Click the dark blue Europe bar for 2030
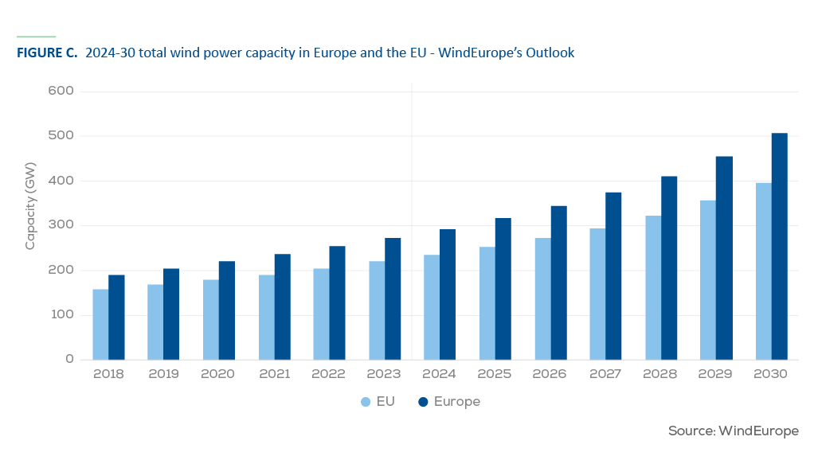780,246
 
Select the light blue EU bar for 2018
100,325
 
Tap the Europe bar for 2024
448,294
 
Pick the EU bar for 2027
598,294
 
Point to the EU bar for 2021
267,317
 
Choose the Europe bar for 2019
171,314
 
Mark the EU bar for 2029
708,280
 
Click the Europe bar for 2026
558,283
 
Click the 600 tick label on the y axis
61,91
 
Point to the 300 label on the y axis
62,224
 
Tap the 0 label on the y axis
69,359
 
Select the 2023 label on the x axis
383,374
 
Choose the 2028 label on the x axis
660,374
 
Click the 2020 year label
218,374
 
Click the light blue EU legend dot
366,402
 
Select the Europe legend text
457,402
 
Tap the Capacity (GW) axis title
30,206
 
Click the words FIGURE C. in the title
47,53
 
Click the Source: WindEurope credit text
734,431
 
